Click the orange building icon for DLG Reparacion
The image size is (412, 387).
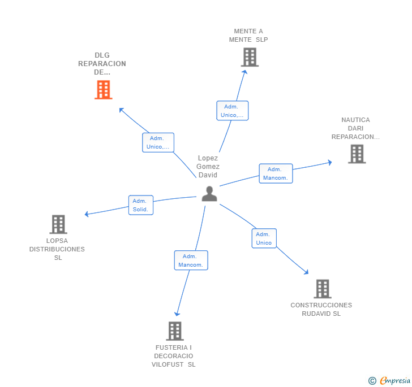[103, 89]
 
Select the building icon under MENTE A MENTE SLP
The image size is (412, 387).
[249, 57]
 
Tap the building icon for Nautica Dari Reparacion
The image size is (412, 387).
[357, 154]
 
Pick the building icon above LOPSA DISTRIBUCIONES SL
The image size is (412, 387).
[58, 224]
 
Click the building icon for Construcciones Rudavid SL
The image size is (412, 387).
[322, 289]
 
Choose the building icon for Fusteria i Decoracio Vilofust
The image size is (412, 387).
[174, 331]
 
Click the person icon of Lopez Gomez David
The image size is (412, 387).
[209, 194]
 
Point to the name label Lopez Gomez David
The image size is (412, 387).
[208, 167]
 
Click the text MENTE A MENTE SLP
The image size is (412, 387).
[248, 36]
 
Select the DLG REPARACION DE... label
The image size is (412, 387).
[102, 64]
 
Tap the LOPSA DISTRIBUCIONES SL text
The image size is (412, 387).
[57, 249]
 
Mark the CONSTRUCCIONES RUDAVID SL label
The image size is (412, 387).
[321, 309]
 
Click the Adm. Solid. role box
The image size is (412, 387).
[140, 205]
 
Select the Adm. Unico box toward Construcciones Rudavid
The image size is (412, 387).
[264, 238]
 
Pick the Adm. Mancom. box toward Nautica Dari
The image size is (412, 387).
[276, 174]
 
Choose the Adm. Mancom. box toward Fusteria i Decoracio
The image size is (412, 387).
[191, 260]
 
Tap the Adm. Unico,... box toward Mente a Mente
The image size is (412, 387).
[232, 111]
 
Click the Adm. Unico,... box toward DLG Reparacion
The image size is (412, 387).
[158, 142]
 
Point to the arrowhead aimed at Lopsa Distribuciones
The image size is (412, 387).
[87, 215]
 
